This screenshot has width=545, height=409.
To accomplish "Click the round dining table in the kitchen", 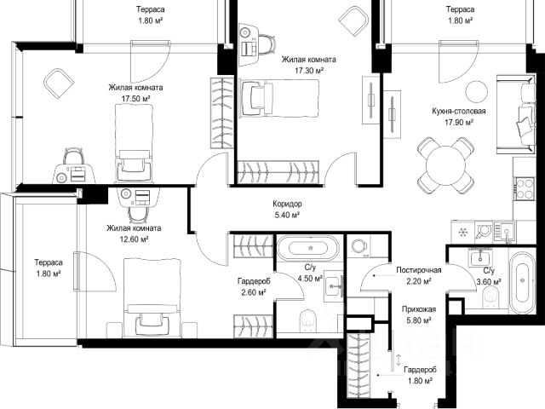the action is [x=445, y=165].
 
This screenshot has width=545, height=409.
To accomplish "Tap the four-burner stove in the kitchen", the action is [x=525, y=188].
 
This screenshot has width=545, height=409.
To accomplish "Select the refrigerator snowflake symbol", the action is [x=462, y=232].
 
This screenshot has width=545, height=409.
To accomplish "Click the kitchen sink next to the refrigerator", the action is [x=505, y=232].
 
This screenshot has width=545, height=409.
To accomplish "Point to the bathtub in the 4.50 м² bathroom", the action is [x=308, y=248].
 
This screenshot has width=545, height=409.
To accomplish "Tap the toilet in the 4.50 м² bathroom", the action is [x=308, y=320].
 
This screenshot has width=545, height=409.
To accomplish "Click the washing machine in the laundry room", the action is [x=359, y=246].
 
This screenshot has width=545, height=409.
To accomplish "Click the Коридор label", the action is [x=287, y=204].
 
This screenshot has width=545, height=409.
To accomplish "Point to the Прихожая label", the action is [x=419, y=308].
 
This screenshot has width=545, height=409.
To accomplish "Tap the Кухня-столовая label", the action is [x=459, y=111].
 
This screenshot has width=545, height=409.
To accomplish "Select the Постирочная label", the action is [x=419, y=270].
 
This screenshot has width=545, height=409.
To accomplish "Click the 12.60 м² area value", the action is [x=134, y=239].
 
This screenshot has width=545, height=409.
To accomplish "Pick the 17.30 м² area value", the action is [x=309, y=71].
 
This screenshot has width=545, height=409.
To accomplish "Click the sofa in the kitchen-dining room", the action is [x=516, y=114].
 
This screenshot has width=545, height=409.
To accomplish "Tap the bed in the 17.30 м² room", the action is [x=279, y=99].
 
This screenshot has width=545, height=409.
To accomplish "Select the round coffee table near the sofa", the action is [x=476, y=91].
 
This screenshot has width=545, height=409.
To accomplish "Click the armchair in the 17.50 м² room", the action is [x=59, y=84].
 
